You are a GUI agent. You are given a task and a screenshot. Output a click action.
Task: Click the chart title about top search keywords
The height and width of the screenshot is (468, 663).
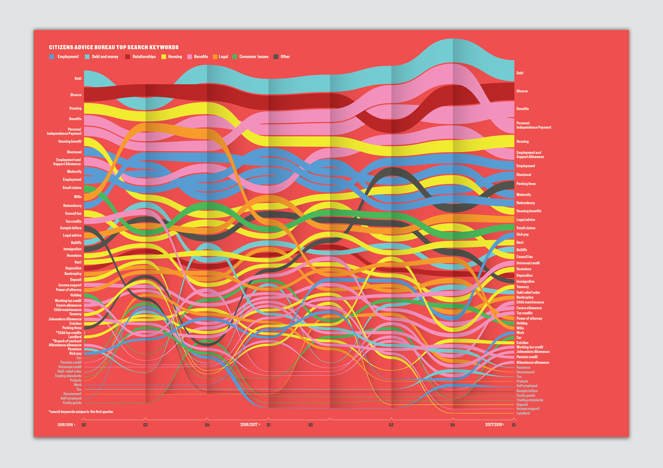pos(114,47)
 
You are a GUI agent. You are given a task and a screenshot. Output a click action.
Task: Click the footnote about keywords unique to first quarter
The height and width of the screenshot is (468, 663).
pos(81,412)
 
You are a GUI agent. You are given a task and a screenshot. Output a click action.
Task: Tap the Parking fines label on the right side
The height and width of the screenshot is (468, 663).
pos(526,184)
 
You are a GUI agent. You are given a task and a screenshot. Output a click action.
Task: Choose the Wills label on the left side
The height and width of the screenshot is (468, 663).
pos(78,197)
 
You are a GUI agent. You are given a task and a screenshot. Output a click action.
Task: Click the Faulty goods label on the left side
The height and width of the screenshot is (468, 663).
pos(72,403)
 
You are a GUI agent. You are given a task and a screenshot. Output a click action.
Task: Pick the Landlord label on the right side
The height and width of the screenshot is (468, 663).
pos(523,413)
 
